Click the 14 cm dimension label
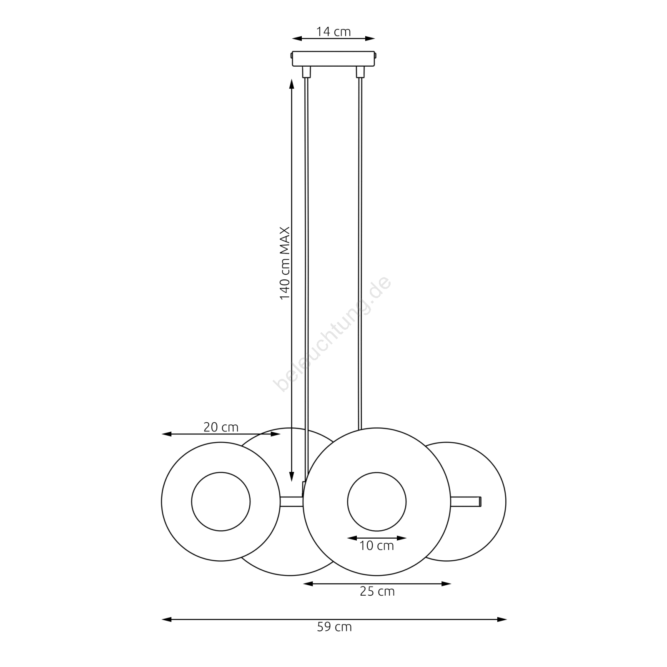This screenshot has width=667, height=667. click(333, 32)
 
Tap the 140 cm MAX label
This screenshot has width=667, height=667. click(285, 263)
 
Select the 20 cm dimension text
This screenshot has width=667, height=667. click(221, 427)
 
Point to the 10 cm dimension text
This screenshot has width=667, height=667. click(376, 546)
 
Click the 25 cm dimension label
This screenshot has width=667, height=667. click(377, 592)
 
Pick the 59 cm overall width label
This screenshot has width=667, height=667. click(334, 627)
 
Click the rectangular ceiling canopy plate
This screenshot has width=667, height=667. click(334, 59)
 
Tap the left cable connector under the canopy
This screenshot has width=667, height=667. click(307, 72)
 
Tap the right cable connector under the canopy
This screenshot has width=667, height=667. click(360, 72)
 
